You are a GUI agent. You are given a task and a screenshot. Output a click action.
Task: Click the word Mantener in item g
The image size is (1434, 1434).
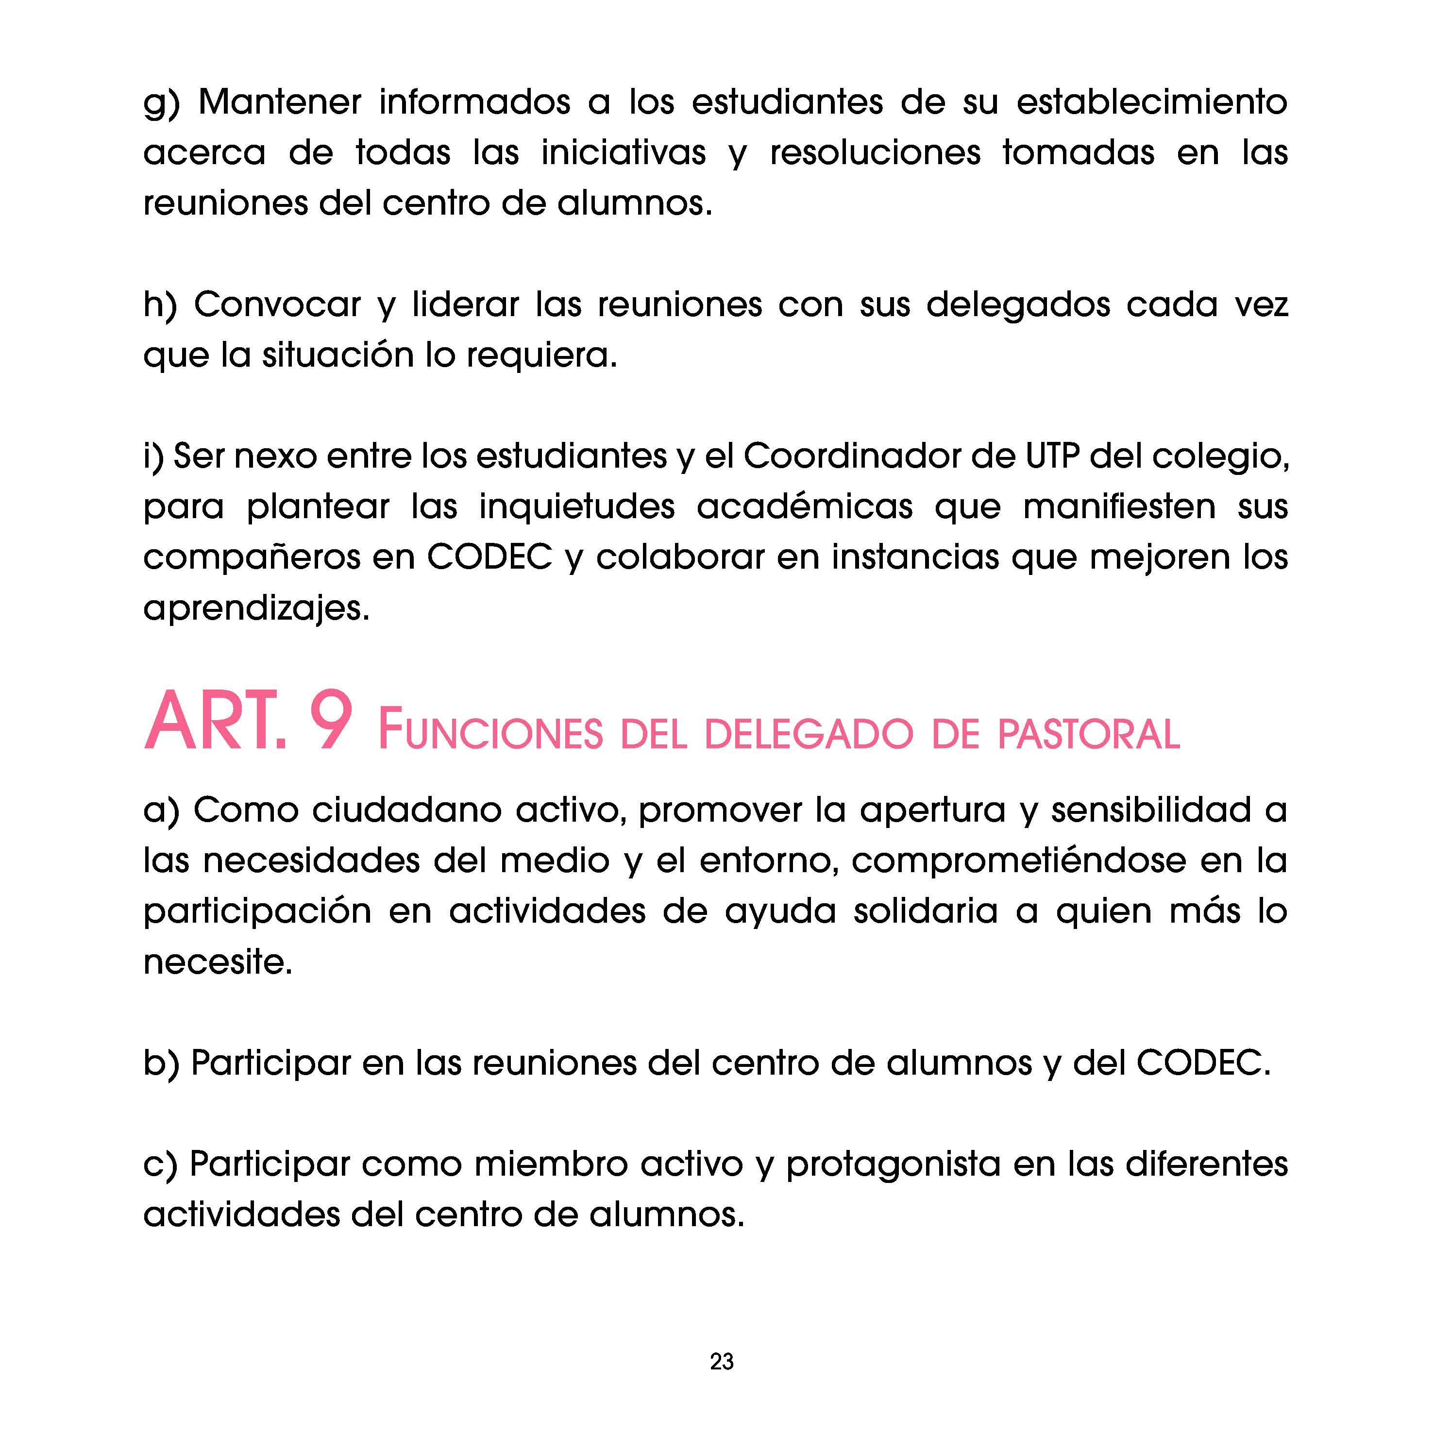279,102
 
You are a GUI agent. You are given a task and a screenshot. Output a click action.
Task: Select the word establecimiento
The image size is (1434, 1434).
1151,102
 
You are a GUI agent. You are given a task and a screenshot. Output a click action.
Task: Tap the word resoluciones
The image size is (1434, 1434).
875,153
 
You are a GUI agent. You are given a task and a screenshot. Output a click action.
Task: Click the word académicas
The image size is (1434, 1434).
804,507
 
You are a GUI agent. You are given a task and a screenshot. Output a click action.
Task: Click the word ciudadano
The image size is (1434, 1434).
406,810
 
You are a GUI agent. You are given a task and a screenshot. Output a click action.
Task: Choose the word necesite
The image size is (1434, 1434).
218,962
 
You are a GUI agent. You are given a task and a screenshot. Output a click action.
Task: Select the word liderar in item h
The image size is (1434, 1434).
465,305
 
